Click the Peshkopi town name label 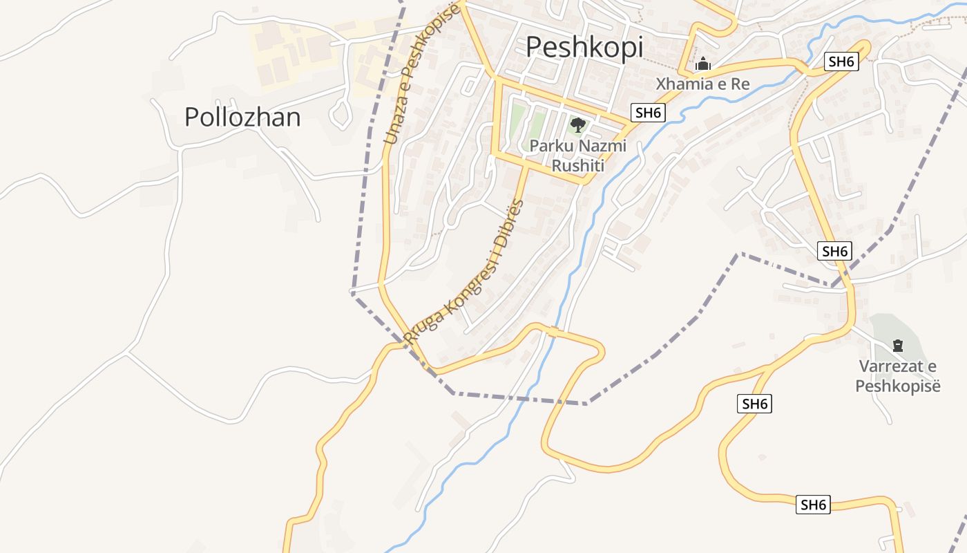pyautogui.click(x=584, y=47)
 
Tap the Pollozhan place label pyautogui.click(x=242, y=118)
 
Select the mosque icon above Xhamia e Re pyautogui.click(x=703, y=64)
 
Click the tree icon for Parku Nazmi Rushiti pyautogui.click(x=577, y=125)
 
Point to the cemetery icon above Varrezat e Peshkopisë pyautogui.click(x=897, y=345)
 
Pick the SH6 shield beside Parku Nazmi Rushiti pyautogui.click(x=648, y=113)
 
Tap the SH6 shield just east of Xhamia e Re pyautogui.click(x=841, y=62)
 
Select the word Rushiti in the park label pyautogui.click(x=578, y=166)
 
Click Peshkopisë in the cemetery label pyautogui.click(x=898, y=386)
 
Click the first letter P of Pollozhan pyautogui.click(x=191, y=118)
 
